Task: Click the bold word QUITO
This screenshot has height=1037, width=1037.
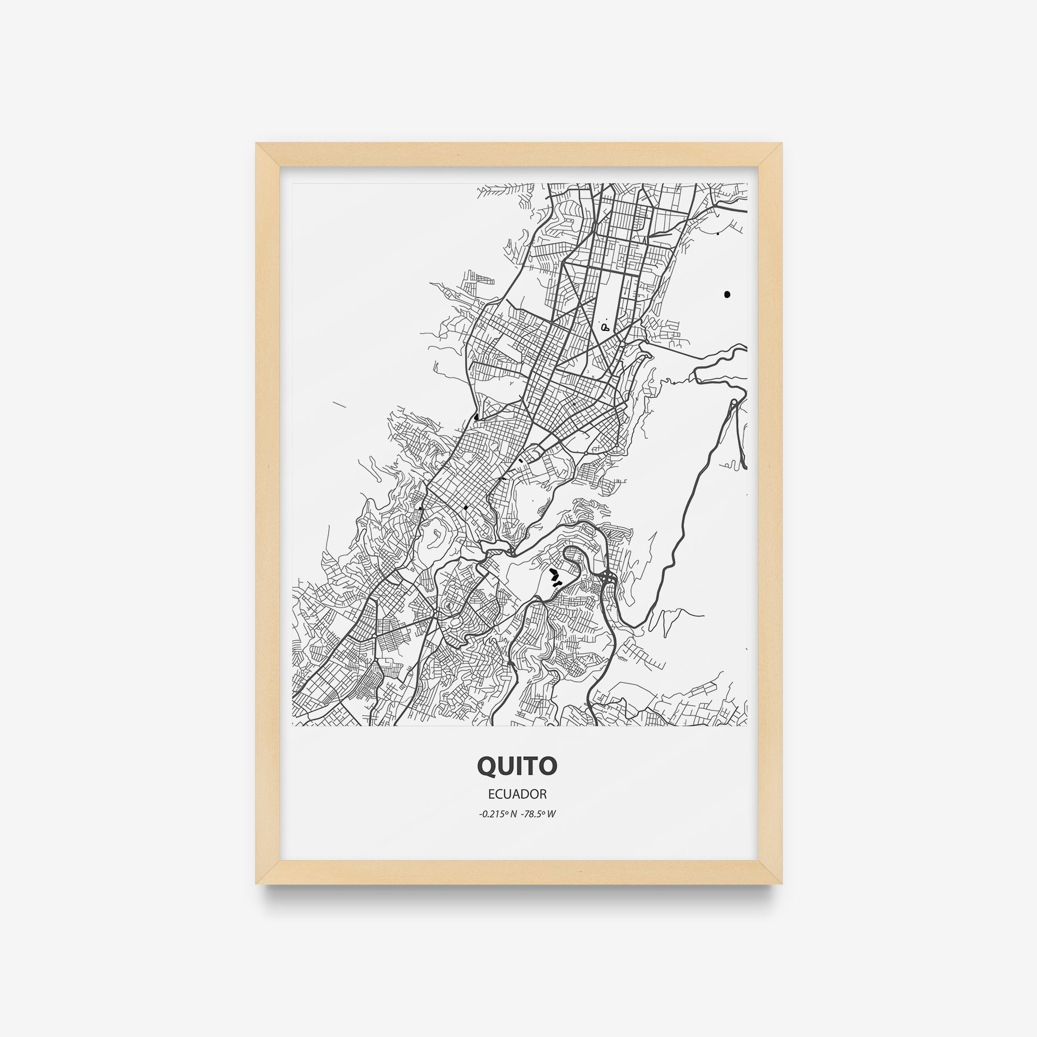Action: (517, 766)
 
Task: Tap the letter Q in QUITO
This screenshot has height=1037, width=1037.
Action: (487, 767)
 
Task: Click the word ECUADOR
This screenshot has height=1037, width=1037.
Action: (517, 794)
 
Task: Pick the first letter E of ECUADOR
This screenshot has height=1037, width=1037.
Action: (491, 794)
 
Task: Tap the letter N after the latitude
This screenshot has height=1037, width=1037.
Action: (514, 814)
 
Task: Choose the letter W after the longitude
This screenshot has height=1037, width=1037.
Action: (551, 814)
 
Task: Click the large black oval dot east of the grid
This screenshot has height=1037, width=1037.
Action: (727, 294)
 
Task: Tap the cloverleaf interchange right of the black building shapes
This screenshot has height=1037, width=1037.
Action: (608, 578)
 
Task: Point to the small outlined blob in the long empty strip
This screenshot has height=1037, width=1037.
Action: (606, 327)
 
